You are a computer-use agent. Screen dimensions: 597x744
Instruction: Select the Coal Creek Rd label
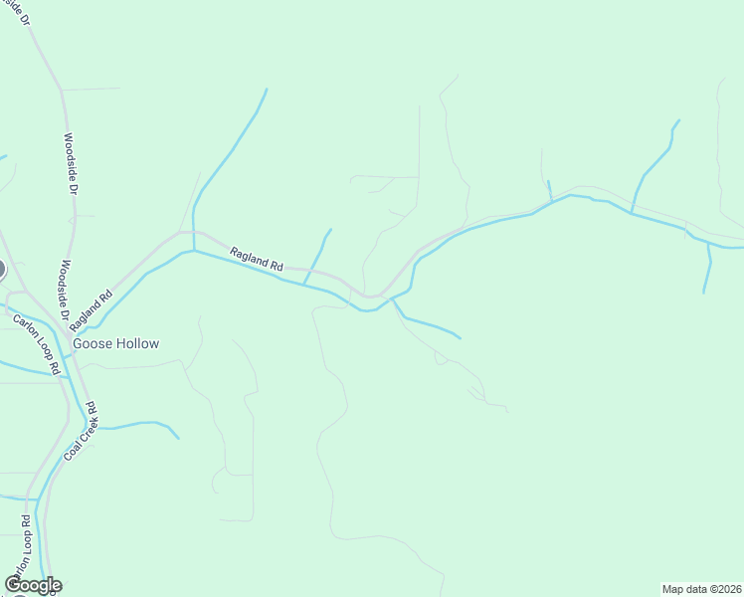[79, 430]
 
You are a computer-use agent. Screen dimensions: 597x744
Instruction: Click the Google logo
[33, 585]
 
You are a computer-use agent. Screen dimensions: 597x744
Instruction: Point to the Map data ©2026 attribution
[702, 588]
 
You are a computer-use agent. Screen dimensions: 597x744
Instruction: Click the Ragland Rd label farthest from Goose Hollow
[257, 260]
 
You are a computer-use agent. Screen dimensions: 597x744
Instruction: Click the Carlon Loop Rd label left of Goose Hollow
[38, 343]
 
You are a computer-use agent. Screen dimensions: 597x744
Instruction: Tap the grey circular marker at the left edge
[1, 269]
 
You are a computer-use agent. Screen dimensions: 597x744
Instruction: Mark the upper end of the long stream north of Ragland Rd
[267, 90]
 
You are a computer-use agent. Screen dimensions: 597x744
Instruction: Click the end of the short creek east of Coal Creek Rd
[179, 438]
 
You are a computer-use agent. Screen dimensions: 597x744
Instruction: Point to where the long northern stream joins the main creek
[193, 251]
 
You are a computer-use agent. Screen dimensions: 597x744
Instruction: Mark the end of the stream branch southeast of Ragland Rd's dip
[461, 338]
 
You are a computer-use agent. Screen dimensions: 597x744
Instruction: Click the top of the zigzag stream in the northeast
[679, 120]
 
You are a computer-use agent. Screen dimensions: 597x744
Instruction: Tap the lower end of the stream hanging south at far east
[704, 293]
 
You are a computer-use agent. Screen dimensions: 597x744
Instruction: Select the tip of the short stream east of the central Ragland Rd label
[330, 230]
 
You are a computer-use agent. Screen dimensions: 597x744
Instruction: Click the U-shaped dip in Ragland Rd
[371, 296]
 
